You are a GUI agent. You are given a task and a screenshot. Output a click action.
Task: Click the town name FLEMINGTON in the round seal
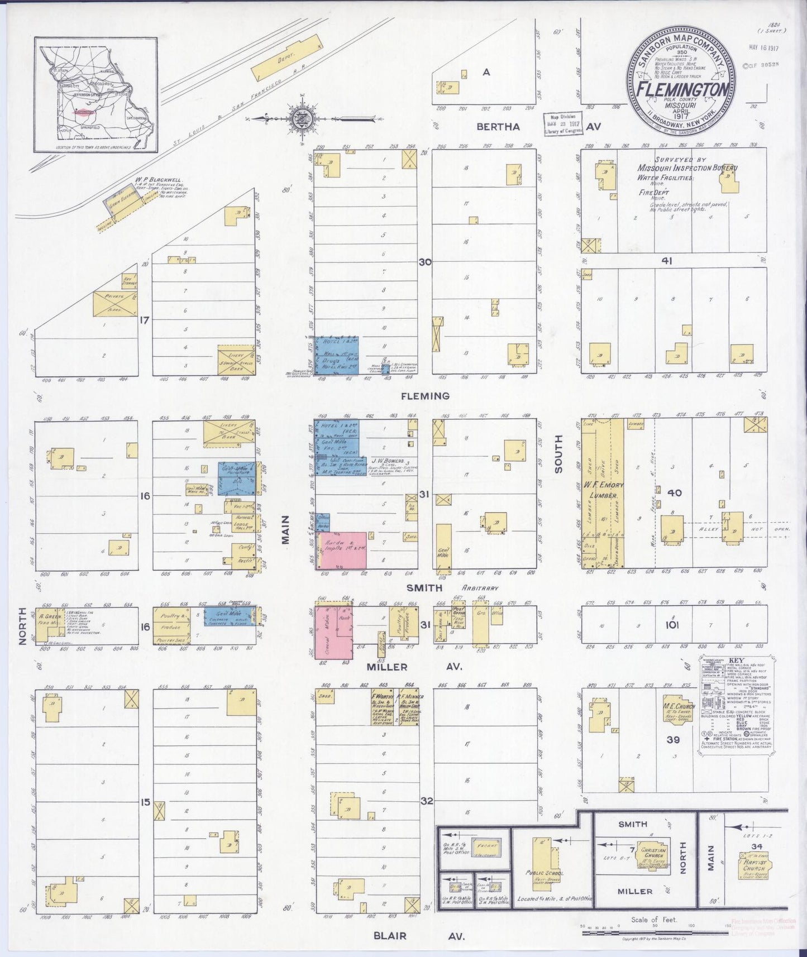point(682,90)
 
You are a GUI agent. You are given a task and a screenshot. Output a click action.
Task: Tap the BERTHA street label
point(498,127)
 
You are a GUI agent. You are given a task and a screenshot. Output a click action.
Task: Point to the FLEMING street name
point(425,396)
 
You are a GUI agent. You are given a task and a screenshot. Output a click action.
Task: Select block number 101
point(671,625)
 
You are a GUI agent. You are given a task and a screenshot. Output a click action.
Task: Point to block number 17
point(145,320)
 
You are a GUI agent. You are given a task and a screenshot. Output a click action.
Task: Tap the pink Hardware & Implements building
point(343,550)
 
